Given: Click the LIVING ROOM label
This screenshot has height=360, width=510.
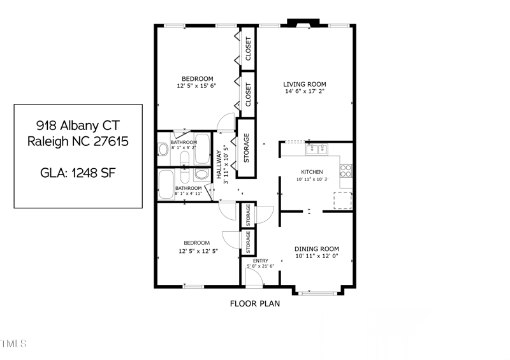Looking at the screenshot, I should (305, 84).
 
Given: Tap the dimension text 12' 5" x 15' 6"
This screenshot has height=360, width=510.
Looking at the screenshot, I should (196, 86).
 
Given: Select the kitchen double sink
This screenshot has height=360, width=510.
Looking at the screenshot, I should (316, 150).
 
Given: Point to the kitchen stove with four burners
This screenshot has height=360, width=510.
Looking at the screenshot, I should (346, 171).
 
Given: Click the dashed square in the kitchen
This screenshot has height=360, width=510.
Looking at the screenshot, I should (343, 201).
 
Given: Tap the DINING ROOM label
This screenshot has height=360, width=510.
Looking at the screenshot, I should (316, 249).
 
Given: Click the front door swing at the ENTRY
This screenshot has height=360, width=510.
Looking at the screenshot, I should (254, 277).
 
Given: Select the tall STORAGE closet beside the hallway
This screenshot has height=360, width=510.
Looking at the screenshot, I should (246, 147).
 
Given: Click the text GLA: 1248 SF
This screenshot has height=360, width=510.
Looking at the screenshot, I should (78, 173).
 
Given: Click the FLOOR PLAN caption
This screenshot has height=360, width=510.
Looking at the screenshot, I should (254, 304).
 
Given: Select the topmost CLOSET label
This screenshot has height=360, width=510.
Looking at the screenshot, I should (248, 49).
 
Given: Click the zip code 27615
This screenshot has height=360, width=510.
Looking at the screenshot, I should (111, 141).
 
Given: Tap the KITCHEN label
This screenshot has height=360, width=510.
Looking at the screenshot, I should (312, 172).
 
